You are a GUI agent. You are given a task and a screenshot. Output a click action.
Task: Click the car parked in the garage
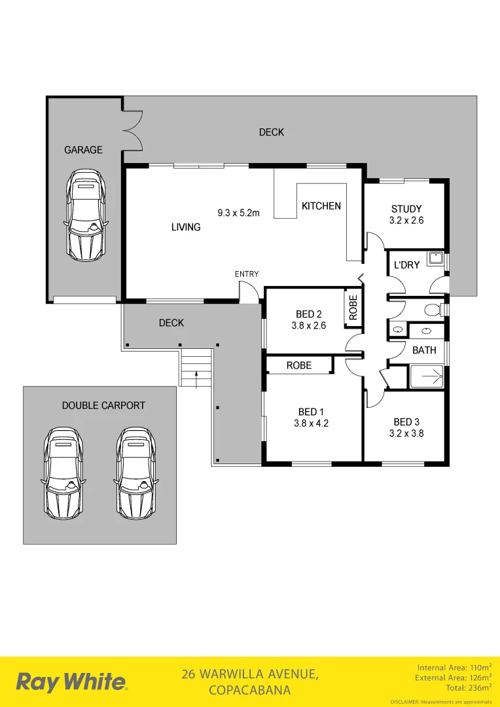pos(85,214)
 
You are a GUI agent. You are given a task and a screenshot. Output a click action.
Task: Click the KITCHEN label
pos(321,206)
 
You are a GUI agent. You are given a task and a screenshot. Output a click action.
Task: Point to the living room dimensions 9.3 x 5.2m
pos(238,213)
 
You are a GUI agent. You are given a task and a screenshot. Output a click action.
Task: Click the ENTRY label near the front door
pos(247,274)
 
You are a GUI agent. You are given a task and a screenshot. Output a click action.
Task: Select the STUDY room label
pos(406,209)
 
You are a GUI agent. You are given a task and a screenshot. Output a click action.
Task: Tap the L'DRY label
pos(406,265)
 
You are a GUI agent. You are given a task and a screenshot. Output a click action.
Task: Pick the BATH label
pos(424,350)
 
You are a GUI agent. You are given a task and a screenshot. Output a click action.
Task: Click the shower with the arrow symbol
pos(426,377)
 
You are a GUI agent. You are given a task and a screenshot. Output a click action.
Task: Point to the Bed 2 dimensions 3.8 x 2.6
pos(308,325)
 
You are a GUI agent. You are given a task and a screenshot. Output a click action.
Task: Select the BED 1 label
pos(311,412)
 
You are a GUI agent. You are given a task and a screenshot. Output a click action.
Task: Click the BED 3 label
pos(406,422)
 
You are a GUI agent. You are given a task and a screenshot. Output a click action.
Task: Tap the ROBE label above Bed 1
pos(299,365)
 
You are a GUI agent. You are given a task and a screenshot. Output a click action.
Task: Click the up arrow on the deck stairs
pos(197,377)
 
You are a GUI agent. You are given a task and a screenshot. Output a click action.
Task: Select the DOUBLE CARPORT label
pos(103,405)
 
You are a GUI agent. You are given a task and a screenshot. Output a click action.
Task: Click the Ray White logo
pos(72,682)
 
